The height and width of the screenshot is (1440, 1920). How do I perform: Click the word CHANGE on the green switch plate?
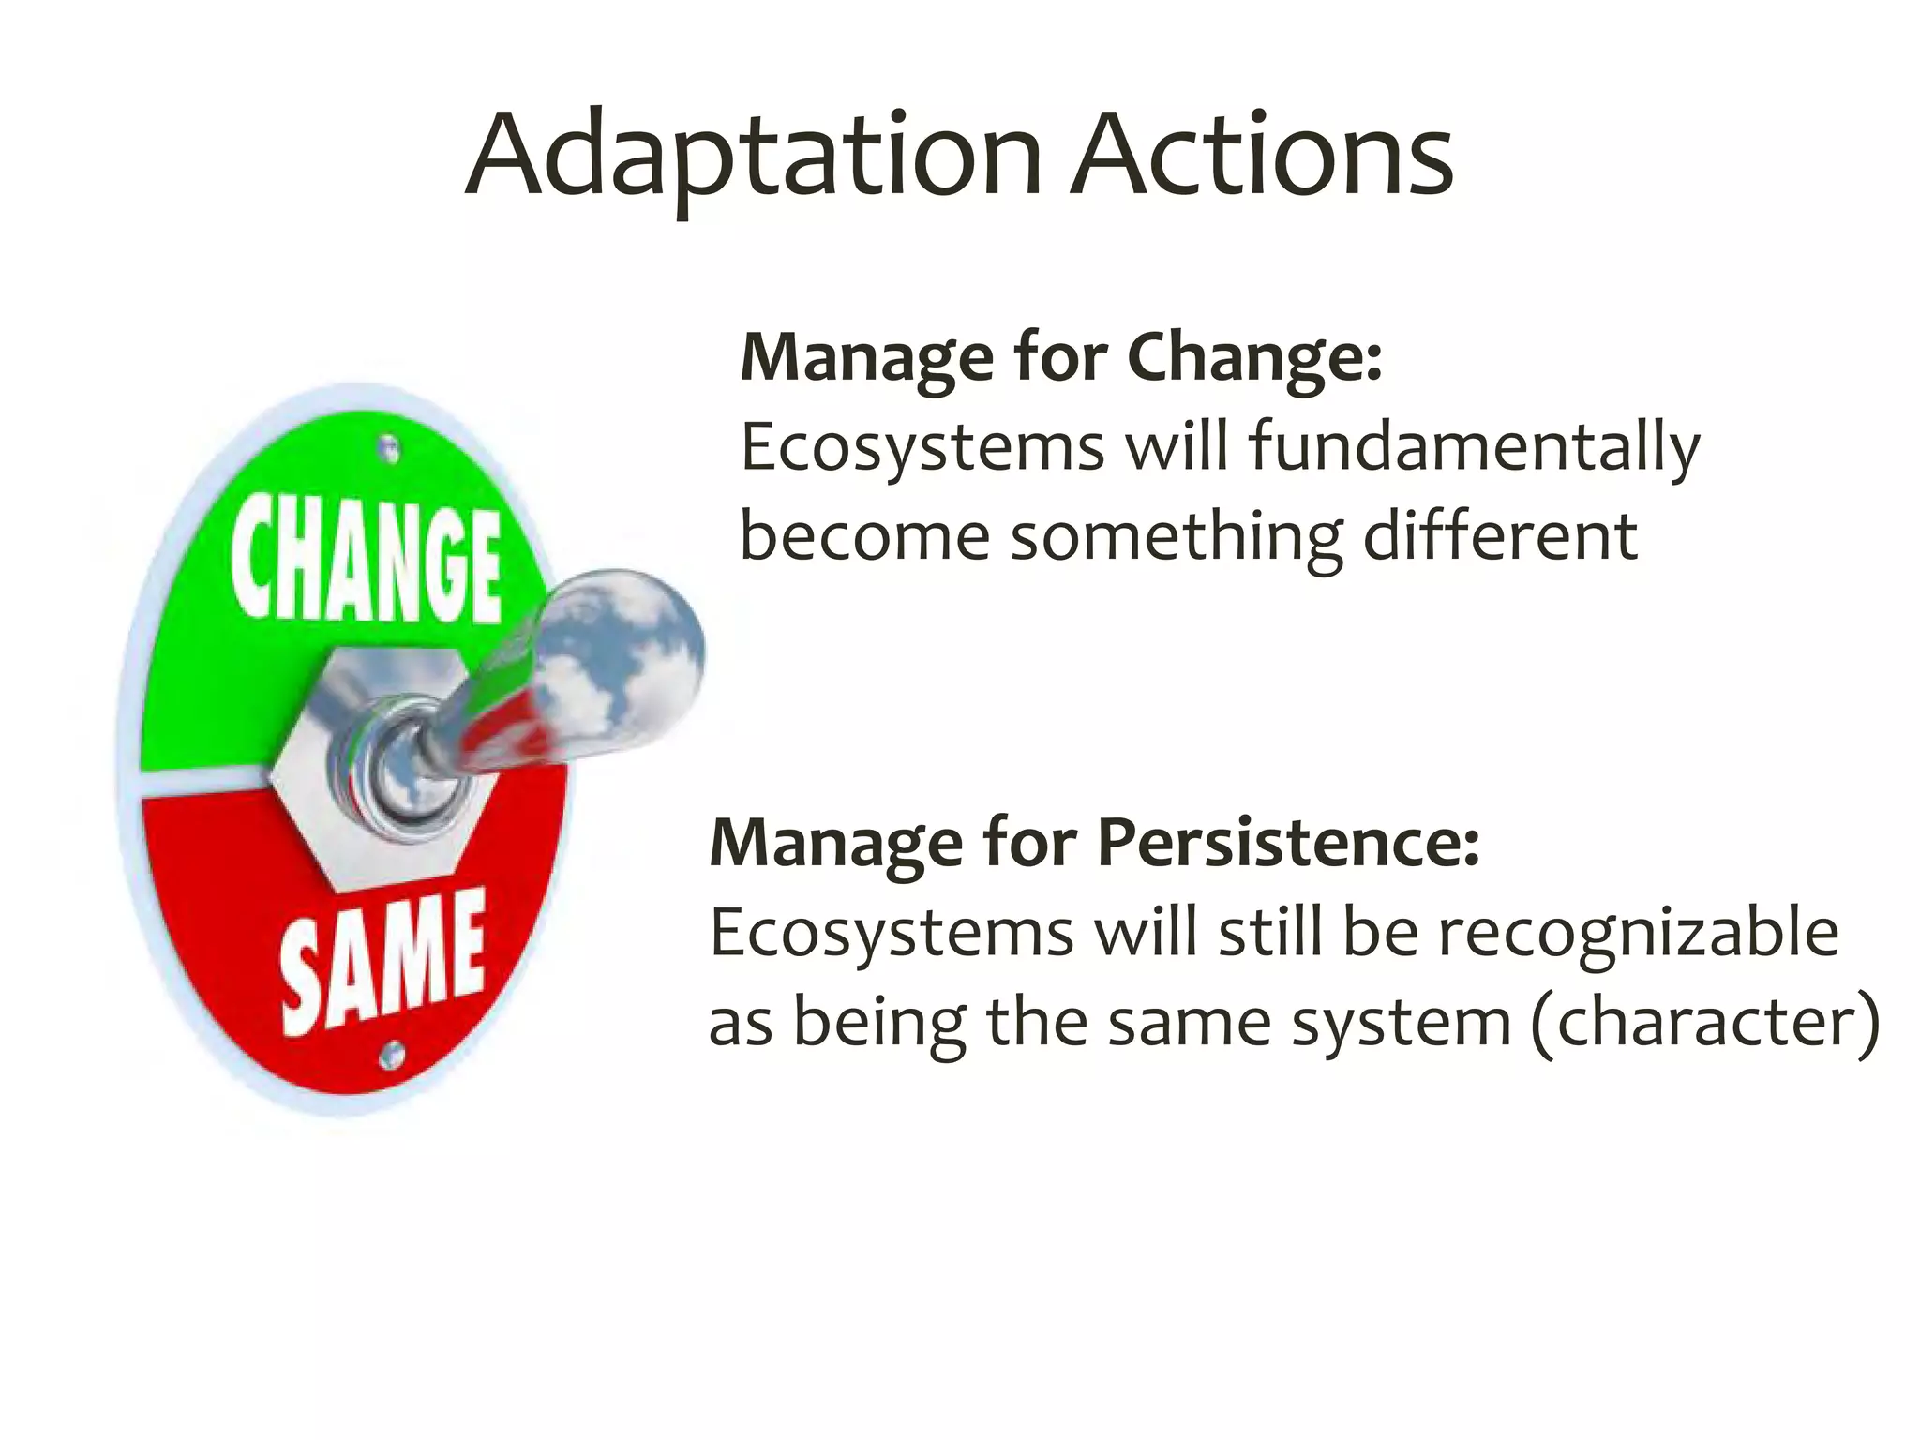[366, 562]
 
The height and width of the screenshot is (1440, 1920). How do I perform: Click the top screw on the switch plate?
[389, 450]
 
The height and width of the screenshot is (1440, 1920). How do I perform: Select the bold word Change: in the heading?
[1254, 358]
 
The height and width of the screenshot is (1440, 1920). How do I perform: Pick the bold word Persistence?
[1288, 843]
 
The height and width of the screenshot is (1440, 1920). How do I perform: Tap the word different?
[1500, 536]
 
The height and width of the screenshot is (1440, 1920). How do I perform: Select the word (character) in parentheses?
[1705, 1022]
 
